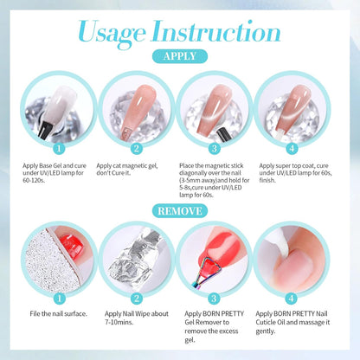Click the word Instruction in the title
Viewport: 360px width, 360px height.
click(215, 31)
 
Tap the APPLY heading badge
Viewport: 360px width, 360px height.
click(180, 56)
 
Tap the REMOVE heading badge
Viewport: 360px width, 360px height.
click(180, 211)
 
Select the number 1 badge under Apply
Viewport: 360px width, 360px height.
click(59, 149)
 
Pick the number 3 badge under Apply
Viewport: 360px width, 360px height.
click(215, 149)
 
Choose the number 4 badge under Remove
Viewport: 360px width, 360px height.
click(292, 299)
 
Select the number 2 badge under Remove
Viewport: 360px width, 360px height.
click(137, 299)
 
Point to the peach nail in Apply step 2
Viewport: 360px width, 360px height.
click(138, 111)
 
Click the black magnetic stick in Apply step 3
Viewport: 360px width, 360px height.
click(224, 134)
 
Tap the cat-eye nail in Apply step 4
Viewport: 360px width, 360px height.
click(292, 108)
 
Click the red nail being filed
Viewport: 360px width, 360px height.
click(71, 247)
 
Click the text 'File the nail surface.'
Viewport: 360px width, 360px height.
click(59, 313)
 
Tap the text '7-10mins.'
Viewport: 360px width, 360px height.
click(119, 322)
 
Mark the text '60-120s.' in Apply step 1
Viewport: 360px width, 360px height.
click(34, 181)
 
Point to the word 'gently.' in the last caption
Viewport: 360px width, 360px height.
click(266, 331)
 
